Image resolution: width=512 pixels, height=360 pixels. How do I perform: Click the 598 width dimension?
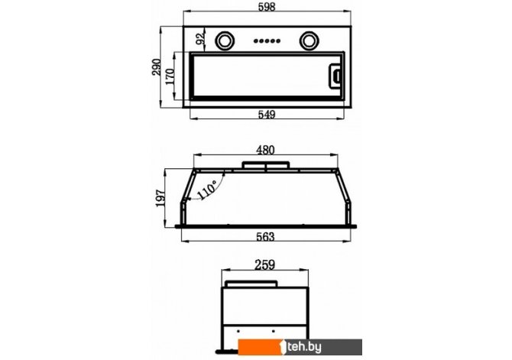pos(267,7)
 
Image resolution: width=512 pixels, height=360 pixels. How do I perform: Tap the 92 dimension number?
pos(200,38)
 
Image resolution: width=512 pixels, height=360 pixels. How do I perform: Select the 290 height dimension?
pos(157,67)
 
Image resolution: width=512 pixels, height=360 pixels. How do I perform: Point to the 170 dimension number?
pos(170,76)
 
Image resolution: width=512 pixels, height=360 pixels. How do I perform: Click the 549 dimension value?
pos(267,115)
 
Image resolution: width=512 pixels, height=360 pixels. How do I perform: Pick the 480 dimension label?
pos(265,150)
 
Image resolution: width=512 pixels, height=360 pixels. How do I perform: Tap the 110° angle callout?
pos(206,190)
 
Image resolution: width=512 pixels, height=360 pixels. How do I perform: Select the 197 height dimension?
pos(160,198)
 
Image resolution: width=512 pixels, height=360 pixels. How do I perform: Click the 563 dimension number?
pos(265,237)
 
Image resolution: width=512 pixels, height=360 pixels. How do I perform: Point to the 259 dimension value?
pos(264,264)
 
